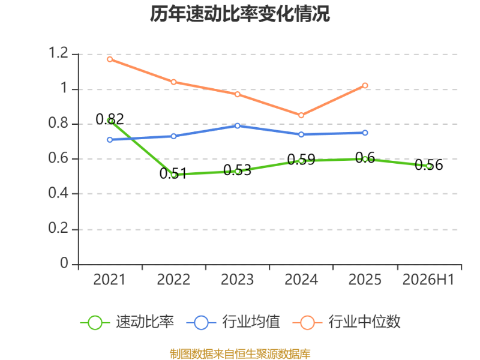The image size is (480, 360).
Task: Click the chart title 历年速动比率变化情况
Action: click(239, 14)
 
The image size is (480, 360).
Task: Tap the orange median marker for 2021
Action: click(110, 59)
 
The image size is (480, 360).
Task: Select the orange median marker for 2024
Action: click(301, 115)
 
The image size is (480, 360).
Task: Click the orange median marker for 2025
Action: click(365, 85)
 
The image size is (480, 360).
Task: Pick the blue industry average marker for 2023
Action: click(238, 126)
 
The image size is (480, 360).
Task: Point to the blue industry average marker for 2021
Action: click(110, 140)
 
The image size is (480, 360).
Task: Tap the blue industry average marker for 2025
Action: click(365, 133)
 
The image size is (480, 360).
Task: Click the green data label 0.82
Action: click(110, 119)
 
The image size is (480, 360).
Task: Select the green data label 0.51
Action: click(173, 173)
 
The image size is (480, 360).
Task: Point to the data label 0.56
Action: click(428, 164)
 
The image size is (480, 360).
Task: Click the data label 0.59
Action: click(301, 160)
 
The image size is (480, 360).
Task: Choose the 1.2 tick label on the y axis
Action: click(58, 53)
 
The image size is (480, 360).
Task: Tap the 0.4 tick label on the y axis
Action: click(58, 193)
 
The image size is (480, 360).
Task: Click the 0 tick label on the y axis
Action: click(64, 263)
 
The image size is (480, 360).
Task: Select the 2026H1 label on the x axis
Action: click(428, 280)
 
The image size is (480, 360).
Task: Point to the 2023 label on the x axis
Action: click(237, 280)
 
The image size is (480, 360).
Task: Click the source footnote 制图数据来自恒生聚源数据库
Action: click(240, 354)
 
